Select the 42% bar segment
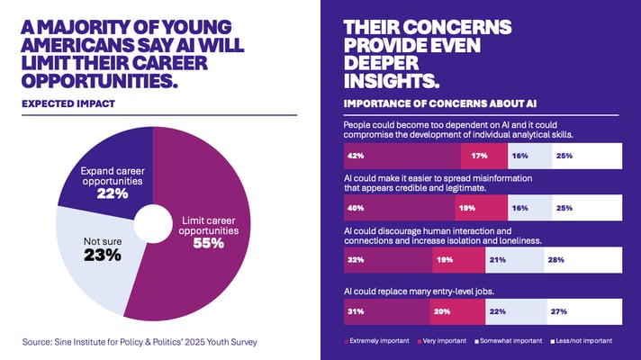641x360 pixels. coord(402,155)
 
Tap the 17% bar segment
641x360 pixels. coord(484,155)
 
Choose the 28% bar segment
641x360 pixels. coord(582,260)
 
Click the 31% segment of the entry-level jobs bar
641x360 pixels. coord(386,312)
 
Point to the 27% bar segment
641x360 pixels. coord(585,312)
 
